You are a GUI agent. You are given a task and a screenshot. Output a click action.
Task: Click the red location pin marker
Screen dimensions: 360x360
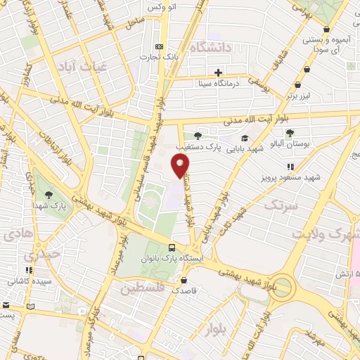[x=181, y=165]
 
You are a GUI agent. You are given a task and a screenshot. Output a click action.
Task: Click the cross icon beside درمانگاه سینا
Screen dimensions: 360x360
[x=219, y=72]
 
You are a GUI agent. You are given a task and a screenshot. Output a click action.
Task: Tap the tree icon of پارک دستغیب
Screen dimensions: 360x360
[x=197, y=136]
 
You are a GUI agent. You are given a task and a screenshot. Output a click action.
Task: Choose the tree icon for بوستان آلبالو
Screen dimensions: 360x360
[x=290, y=132]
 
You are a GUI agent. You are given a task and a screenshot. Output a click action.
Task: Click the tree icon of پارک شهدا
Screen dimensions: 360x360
[x=48, y=194]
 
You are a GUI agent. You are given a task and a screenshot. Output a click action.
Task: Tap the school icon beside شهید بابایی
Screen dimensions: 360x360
[x=244, y=139]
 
